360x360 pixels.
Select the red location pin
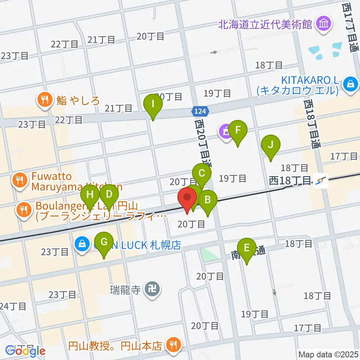coord(187,199)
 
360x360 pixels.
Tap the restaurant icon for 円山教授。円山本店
coord(173,344)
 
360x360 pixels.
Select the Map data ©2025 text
coord(327,354)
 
